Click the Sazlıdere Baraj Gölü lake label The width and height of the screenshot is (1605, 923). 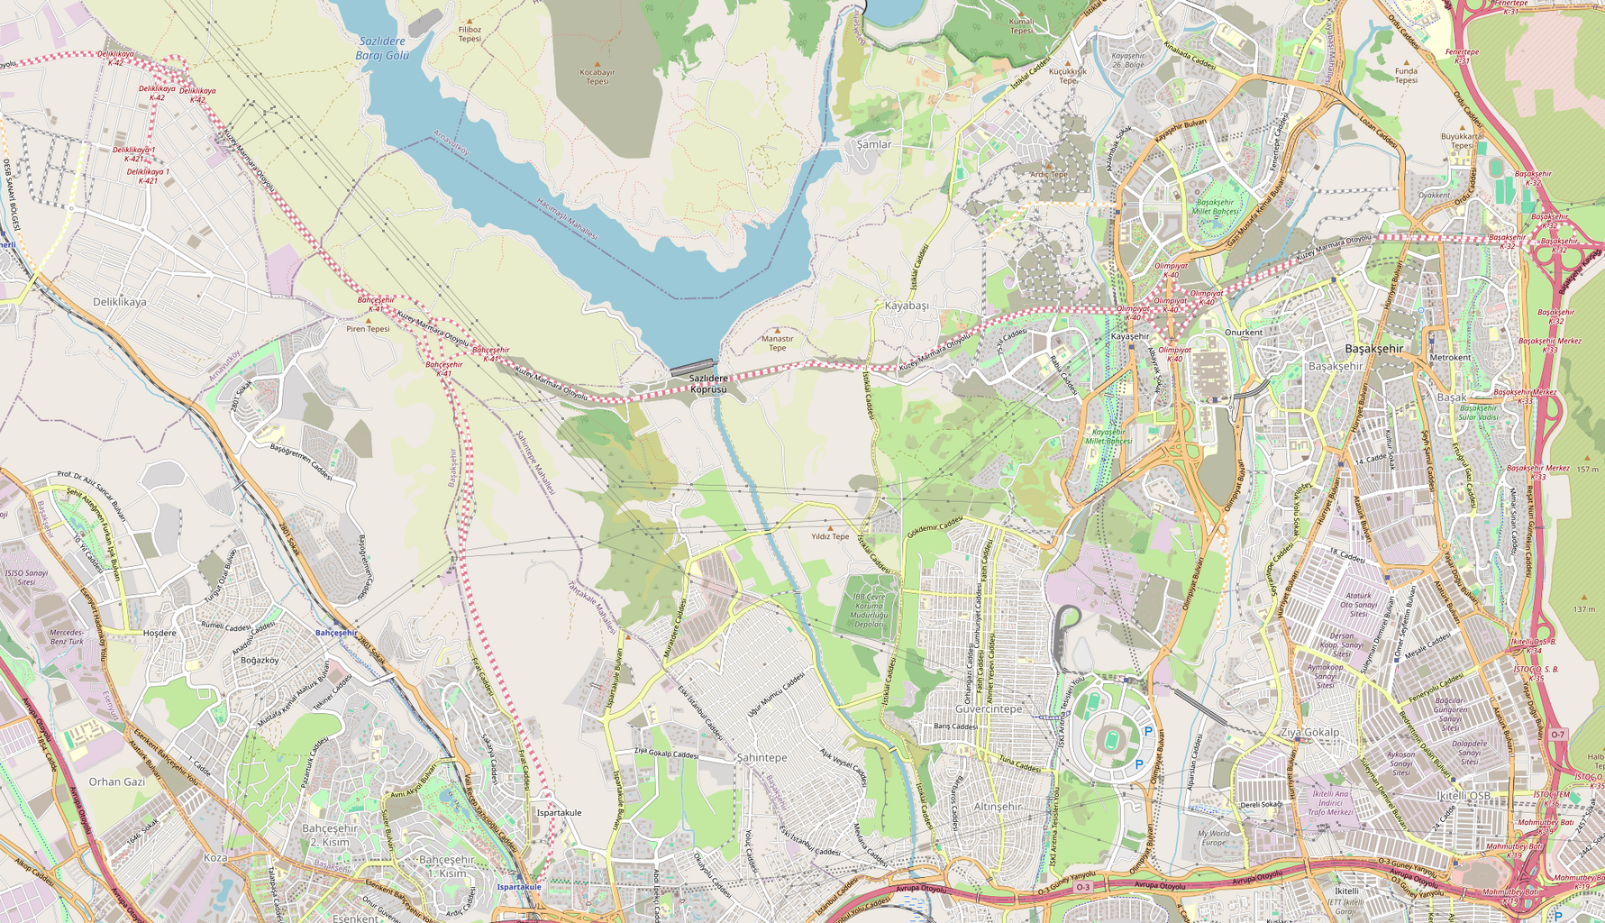pos(382,48)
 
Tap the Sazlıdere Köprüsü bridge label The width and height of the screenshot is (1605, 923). pos(707,384)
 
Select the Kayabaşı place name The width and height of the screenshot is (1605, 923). pos(906,306)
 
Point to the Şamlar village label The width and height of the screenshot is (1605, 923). pos(873,144)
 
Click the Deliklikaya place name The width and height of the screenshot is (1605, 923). pos(119,302)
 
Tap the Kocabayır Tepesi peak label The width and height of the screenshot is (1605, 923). pos(597,77)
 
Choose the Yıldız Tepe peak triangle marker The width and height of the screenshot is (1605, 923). pos(830,527)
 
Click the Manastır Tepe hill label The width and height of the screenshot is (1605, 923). pos(777,343)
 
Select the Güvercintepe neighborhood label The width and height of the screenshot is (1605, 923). pos(989,709)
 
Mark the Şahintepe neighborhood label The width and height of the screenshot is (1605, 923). pos(761,757)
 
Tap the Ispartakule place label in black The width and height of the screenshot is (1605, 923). pos(559,812)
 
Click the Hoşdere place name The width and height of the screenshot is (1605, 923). pos(160,633)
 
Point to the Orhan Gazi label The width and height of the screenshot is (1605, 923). pos(116,781)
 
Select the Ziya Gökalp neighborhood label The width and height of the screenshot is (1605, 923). pos(1309,732)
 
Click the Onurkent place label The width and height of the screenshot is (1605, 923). pos(1244,333)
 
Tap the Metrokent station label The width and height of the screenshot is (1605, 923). pos(1450,358)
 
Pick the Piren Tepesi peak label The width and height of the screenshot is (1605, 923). pos(368,329)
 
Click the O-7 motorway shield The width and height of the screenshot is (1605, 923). pos(1558,735)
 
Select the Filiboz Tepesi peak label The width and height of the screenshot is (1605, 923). pos(470,34)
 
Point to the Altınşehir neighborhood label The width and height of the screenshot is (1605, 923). pos(998,806)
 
